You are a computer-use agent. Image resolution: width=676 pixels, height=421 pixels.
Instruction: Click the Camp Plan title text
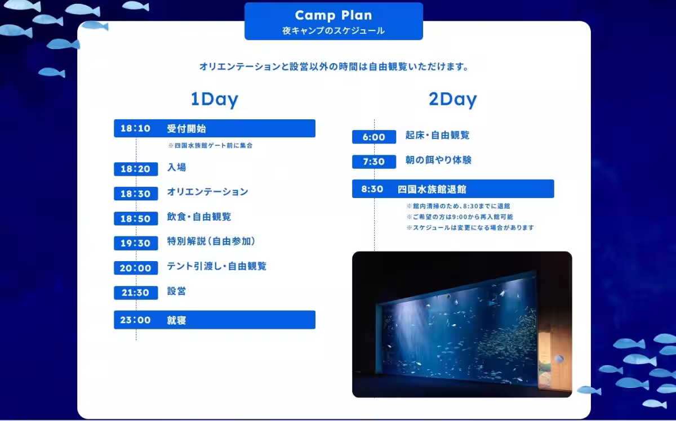tap(333, 15)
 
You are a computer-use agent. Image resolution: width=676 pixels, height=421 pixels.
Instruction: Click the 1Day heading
tap(215, 99)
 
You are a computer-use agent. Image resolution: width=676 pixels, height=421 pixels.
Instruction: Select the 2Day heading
tap(453, 99)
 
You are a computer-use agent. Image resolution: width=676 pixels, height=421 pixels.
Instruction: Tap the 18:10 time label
tap(136, 128)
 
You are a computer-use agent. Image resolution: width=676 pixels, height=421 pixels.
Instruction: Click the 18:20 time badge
tap(136, 169)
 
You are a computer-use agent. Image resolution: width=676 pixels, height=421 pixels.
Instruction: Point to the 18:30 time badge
tap(136, 194)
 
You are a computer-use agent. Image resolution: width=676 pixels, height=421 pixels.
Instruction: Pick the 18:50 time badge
tap(136, 218)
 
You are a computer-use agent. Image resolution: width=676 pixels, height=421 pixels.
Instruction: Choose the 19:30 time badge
tap(136, 243)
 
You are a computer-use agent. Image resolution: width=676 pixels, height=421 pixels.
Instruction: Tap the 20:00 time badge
tap(136, 268)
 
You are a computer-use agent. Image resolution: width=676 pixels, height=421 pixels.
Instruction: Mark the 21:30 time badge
tap(136, 293)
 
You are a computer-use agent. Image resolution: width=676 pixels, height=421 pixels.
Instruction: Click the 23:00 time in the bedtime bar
tap(135, 320)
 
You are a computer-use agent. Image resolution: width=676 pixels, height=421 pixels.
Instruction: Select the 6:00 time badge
tap(374, 137)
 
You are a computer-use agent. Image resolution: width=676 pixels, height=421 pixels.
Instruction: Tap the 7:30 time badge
tap(374, 162)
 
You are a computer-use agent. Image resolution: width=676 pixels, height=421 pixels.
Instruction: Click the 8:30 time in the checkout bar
tap(372, 189)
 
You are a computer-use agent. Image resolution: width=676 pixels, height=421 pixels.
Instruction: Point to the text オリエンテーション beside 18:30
tap(208, 192)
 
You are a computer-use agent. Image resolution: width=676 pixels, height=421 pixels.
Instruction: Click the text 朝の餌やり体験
tap(438, 160)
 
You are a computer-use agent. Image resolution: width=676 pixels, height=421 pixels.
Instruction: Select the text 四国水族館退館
tap(432, 189)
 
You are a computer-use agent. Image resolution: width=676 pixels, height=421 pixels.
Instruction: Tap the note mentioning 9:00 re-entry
tap(460, 217)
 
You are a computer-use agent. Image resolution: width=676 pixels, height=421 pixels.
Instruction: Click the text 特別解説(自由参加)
tap(211, 241)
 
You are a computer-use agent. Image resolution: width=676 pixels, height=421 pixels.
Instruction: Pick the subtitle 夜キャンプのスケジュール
tap(333, 31)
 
